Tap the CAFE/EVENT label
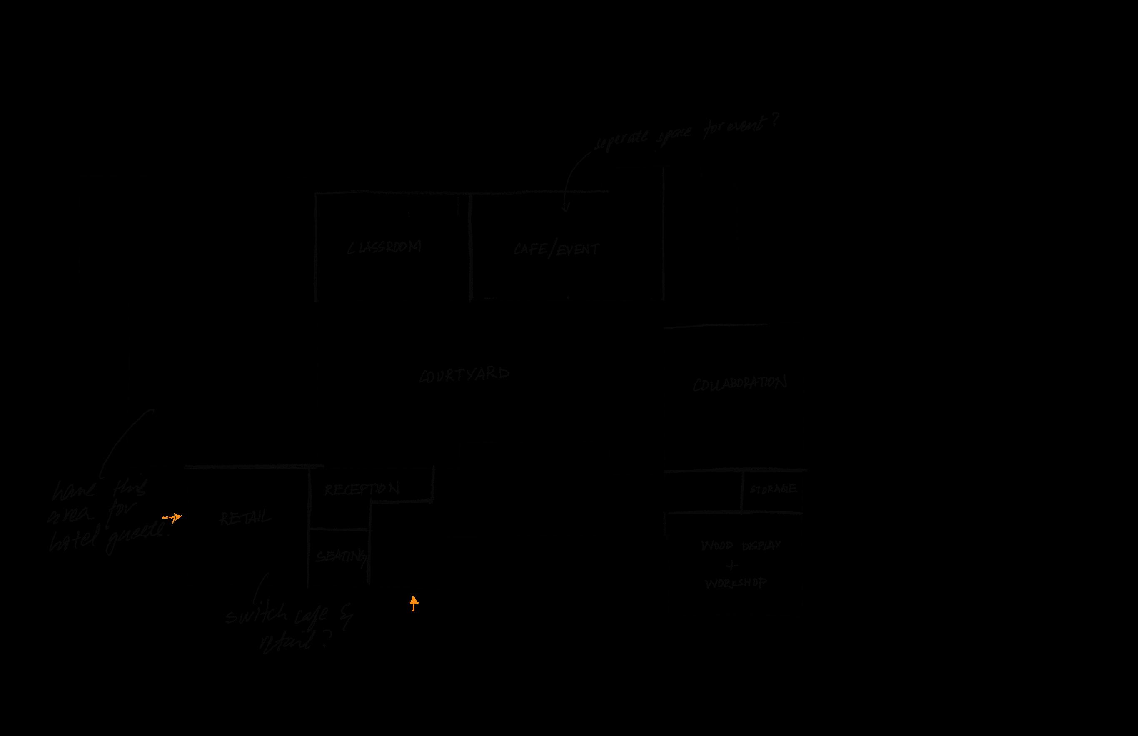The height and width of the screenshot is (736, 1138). pyautogui.click(x=556, y=249)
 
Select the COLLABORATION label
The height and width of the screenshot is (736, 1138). pyautogui.click(x=739, y=384)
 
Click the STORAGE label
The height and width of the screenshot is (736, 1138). pyautogui.click(x=772, y=489)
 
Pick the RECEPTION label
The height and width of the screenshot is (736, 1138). pyautogui.click(x=361, y=489)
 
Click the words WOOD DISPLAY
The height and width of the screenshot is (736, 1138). pyautogui.click(x=740, y=545)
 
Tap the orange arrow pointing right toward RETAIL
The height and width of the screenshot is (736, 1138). pyautogui.click(x=172, y=517)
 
